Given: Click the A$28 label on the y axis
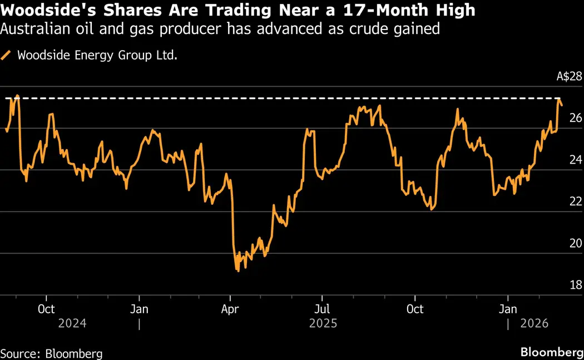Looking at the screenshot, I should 568,77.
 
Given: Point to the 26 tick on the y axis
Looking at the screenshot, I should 575,118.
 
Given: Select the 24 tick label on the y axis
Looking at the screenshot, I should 575,160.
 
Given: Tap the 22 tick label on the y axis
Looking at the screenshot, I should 575,201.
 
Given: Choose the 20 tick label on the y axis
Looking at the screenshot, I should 575,243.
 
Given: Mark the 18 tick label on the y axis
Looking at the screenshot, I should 575,285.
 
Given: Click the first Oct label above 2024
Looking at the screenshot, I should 46,309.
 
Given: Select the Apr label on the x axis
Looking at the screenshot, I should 230,309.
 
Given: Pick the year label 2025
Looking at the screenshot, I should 323,323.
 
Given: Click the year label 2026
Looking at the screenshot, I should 535,323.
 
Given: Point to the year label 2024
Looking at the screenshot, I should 72,323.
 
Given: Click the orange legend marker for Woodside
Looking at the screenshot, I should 6,55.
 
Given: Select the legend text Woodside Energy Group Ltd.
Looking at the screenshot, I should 97,55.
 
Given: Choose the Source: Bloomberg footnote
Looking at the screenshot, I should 51,353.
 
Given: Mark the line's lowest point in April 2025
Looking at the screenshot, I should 238,271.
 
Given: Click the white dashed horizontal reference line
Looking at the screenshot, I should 278,98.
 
